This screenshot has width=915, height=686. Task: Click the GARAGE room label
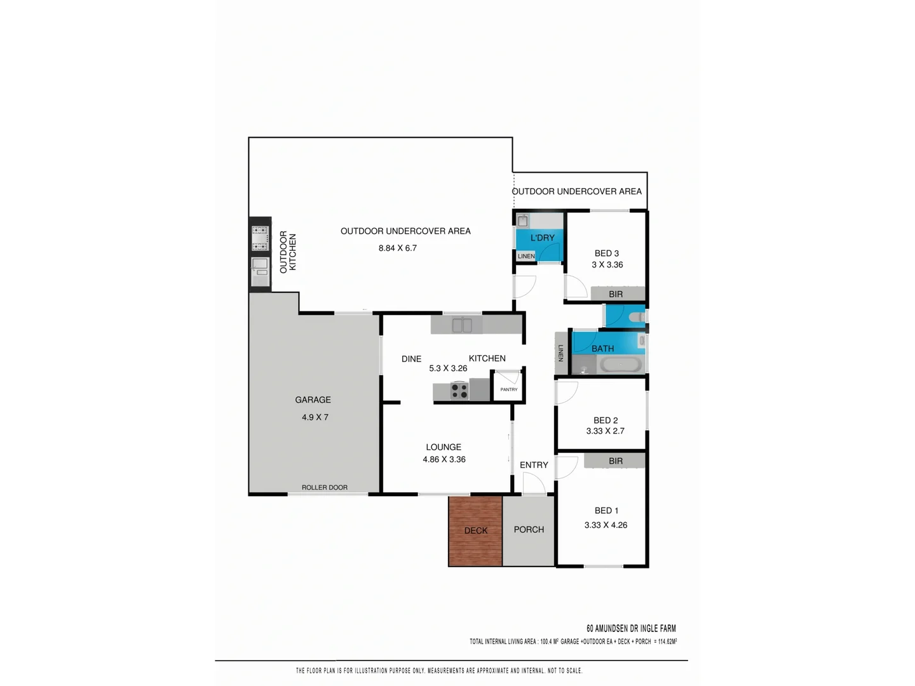(x=313, y=400)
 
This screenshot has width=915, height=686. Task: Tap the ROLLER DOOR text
(x=324, y=487)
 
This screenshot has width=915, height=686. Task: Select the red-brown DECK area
(x=475, y=530)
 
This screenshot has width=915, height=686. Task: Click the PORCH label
(x=529, y=529)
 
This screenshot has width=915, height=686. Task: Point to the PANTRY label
(x=508, y=389)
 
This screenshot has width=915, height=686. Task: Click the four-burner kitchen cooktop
(x=459, y=391)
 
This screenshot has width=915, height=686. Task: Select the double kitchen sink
(x=462, y=325)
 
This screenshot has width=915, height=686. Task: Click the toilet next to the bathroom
(x=636, y=316)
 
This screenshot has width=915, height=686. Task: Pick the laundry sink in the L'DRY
(x=522, y=220)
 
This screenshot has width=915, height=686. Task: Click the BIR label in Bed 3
(x=615, y=294)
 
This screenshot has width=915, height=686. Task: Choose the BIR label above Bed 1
(x=615, y=461)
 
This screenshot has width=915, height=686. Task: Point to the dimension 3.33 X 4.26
(x=606, y=525)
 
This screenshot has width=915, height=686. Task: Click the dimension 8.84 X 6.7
(x=397, y=248)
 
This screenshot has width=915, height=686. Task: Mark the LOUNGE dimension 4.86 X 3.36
(x=444, y=459)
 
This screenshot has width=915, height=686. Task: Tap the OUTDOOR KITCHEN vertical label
(x=288, y=252)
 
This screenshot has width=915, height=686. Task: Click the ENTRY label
(x=533, y=465)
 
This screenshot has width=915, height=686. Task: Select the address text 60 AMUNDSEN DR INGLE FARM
(x=630, y=628)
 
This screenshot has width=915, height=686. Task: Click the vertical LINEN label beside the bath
(x=560, y=353)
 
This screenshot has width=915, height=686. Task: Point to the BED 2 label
(x=605, y=420)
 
